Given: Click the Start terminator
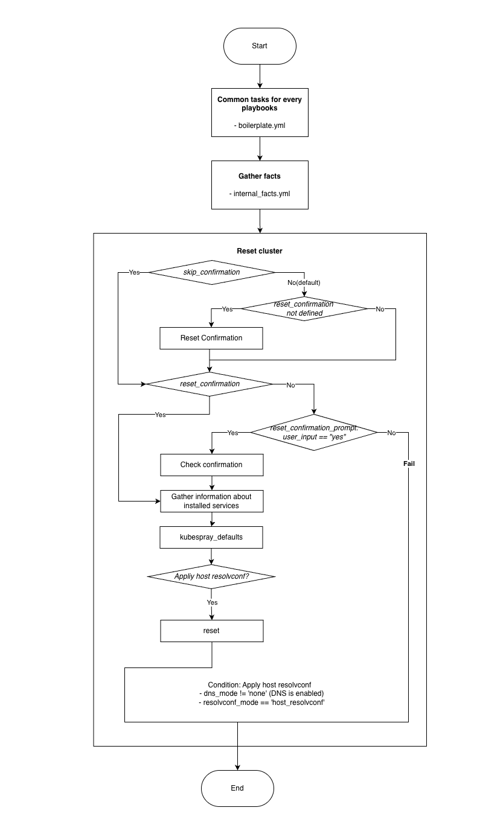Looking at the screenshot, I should point(260,46).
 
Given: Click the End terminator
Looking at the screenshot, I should point(237,788).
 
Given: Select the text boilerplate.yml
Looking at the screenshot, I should point(260,126).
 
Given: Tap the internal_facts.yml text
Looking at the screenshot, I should point(260,194).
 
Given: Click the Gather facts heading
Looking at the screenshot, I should point(260,176).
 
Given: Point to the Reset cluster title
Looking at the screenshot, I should point(260,250).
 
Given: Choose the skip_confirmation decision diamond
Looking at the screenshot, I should point(211,272).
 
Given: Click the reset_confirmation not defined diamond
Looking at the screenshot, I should point(304,309).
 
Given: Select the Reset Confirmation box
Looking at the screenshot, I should point(211,338).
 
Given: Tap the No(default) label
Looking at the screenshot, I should point(304,282).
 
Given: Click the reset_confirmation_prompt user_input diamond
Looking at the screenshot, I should point(314,432).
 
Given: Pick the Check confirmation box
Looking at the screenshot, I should point(211,465).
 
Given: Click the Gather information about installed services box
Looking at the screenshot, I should point(211,501).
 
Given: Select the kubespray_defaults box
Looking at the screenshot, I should point(211,537).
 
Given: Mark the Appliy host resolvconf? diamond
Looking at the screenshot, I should point(211,576).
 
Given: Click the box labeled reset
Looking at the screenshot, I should point(211,631).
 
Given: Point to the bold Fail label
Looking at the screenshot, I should point(409,464).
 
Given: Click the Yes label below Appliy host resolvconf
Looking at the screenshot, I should point(212,602).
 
